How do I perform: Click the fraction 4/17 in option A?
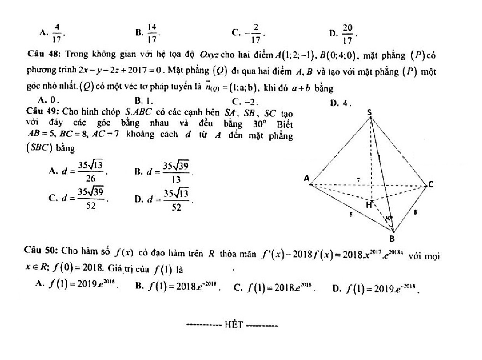click(x=57, y=33)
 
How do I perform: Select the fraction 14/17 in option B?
click(x=152, y=33)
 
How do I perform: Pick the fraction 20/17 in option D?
click(x=347, y=34)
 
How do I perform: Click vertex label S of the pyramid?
click(x=370, y=113)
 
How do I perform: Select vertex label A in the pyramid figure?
click(x=307, y=179)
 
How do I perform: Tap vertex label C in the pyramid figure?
click(x=431, y=185)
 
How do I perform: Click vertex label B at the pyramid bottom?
click(x=392, y=239)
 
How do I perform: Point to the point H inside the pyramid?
click(x=368, y=205)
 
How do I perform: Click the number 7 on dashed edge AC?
click(x=358, y=180)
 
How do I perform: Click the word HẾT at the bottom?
click(x=233, y=325)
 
